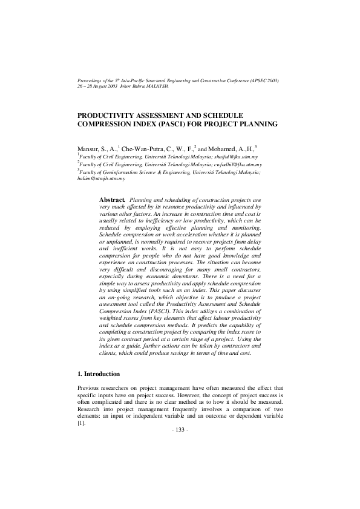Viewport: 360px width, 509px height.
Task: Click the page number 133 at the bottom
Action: pos(181,429)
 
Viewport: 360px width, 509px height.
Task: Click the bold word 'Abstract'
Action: pos(111,199)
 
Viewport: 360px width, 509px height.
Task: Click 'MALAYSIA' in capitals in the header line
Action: pos(155,86)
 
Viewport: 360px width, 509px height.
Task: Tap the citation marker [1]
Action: pos(81,423)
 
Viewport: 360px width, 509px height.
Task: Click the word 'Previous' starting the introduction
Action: pos(89,387)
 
